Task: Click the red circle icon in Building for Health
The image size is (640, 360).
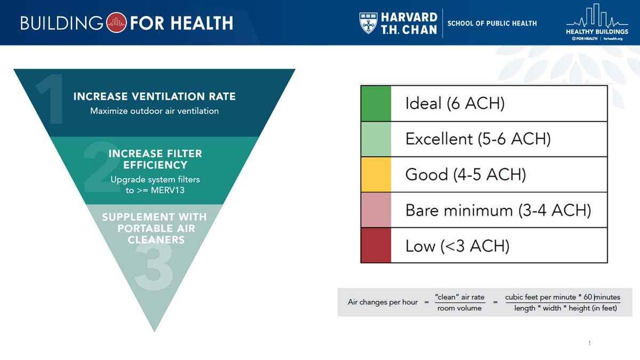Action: [116, 23]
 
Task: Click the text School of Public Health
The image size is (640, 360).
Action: [492, 23]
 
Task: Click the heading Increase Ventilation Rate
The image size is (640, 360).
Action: [154, 97]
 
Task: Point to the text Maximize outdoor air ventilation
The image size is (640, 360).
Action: [154, 111]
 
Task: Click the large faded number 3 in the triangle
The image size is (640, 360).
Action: [154, 267]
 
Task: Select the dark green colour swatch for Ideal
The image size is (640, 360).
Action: [376, 103]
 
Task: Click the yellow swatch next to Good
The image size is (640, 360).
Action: [376, 174]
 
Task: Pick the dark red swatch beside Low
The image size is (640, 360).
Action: [376, 245]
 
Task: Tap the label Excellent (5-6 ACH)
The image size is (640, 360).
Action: [478, 139]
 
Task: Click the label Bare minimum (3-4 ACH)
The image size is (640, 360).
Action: [498, 210]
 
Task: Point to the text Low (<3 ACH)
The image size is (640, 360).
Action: [457, 246]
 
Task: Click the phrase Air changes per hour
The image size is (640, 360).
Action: [382, 302]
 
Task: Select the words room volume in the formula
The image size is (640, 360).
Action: [459, 308]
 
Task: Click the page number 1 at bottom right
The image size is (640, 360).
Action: [589, 343]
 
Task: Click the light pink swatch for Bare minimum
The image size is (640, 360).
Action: [376, 210]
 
